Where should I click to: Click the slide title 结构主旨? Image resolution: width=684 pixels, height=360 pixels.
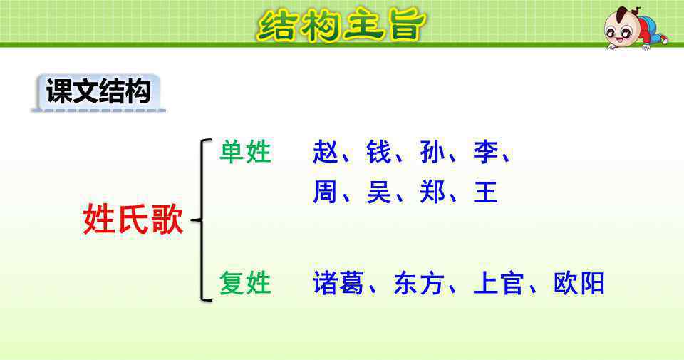[x=341, y=24]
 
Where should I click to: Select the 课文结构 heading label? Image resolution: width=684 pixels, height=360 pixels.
[x=98, y=91]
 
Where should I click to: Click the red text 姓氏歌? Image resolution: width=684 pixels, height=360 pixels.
[x=133, y=219]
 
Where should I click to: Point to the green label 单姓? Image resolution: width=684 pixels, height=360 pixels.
[x=245, y=152]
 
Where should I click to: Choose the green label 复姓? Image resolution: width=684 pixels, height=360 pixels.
[x=245, y=283]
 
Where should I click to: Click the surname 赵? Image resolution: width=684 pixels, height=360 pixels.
[x=326, y=152]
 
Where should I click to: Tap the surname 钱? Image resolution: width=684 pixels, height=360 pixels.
[x=378, y=152]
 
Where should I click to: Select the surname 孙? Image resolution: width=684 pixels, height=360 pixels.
[x=432, y=152]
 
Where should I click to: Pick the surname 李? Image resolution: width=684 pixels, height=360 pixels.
[x=485, y=152]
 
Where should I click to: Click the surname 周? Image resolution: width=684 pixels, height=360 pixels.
[x=325, y=192]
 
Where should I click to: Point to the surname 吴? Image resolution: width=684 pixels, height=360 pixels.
[x=378, y=192]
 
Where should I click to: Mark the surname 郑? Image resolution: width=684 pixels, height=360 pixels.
[x=432, y=192]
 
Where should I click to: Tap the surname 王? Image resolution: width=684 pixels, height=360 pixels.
[x=485, y=192]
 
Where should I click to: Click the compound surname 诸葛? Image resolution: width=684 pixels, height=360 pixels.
[x=338, y=283]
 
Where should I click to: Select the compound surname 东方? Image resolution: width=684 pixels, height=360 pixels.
[x=419, y=283]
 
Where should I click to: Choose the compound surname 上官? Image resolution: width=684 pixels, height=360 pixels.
[x=498, y=283]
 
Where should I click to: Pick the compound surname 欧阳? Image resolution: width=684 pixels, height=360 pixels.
[x=579, y=283]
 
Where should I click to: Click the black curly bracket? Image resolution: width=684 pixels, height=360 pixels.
[x=202, y=220]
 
